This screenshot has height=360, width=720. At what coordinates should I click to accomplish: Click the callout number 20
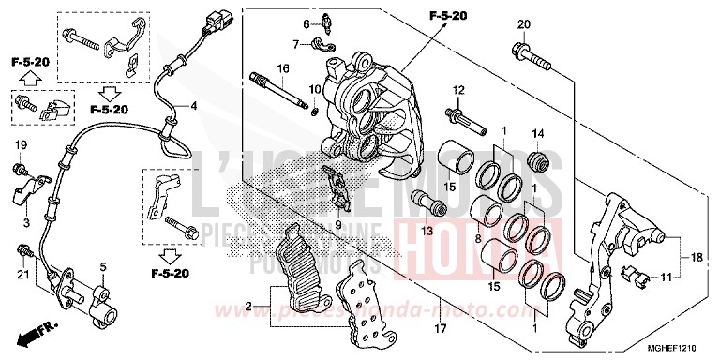coord(523,24)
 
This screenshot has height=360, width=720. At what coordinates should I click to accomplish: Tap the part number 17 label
coord(437,329)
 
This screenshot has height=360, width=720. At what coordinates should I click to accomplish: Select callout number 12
coord(459,89)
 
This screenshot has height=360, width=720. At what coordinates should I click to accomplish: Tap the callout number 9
coord(338,225)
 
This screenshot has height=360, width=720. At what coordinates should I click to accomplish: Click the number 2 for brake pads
coord(248,306)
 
